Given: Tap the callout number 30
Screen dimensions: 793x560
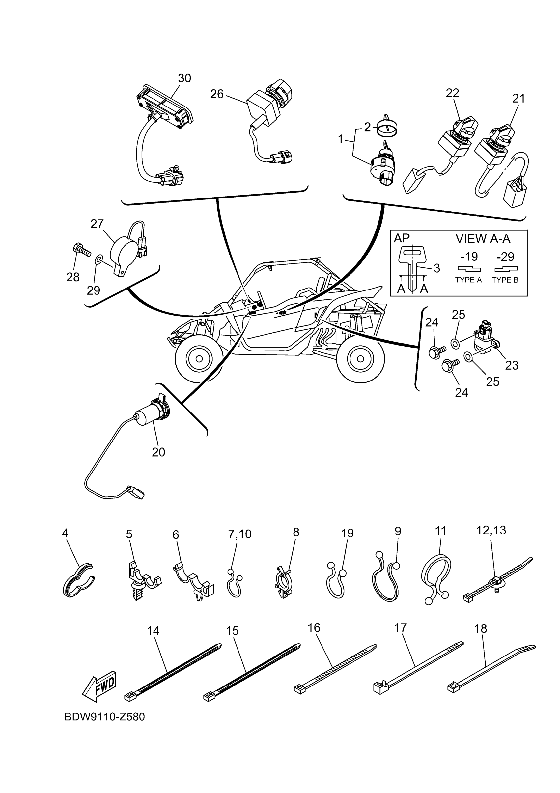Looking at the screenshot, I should tap(184, 78).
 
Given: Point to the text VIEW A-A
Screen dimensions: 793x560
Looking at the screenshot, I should tap(483, 239).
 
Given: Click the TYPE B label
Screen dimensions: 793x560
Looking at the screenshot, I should tap(505, 280).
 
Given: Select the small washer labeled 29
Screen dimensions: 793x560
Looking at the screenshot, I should tap(99, 259).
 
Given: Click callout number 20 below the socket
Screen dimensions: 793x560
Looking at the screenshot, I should tap(158, 452).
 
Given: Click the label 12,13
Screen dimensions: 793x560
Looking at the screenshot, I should tap(491, 530).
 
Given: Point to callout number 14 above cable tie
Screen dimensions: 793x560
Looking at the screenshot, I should tap(153, 631).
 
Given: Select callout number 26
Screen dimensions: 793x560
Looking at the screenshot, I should tap(217, 94).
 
